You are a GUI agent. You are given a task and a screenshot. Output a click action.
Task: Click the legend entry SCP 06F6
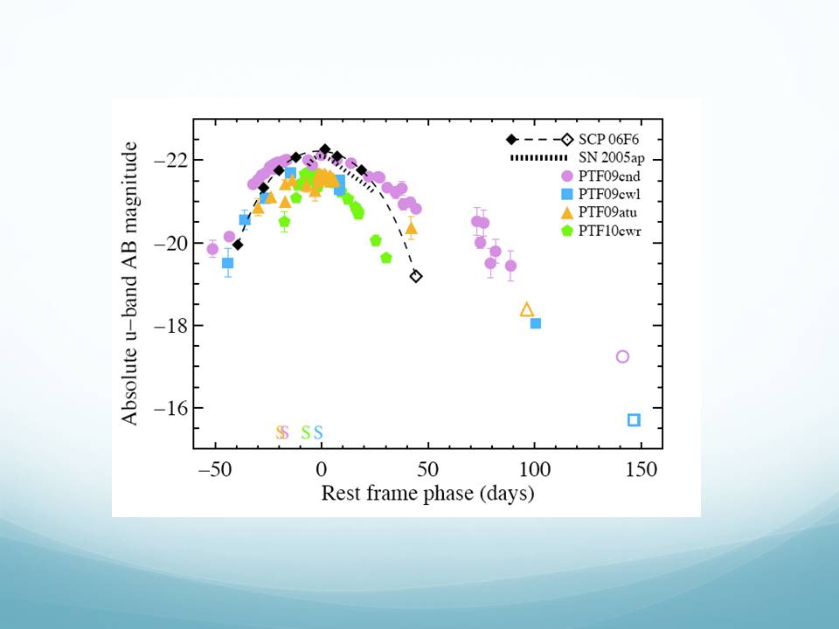coord(609,140)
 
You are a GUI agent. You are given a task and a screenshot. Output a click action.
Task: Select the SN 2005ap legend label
coord(614,158)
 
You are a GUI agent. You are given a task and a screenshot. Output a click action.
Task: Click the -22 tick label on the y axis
coord(170,160)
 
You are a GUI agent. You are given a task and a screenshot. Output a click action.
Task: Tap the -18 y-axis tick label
coord(170,325)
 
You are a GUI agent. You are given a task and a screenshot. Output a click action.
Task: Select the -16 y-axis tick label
coord(170,408)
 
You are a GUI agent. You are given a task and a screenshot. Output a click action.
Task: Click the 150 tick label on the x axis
coord(641,468)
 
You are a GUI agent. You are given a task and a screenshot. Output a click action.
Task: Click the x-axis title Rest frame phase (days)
coord(427,493)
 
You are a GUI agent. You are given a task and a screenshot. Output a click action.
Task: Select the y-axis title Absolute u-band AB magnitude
coord(130,287)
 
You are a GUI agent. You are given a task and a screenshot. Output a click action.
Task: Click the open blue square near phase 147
coord(634,420)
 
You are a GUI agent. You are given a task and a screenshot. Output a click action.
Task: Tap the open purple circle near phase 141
coord(622,356)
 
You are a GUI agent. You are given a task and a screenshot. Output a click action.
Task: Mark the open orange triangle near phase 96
coord(527,309)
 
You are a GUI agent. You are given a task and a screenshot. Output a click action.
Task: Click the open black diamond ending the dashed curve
coord(416,276)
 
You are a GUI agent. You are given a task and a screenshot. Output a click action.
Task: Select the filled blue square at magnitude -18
coord(536,323)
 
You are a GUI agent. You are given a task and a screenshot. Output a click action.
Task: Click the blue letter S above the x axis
coord(318,432)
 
